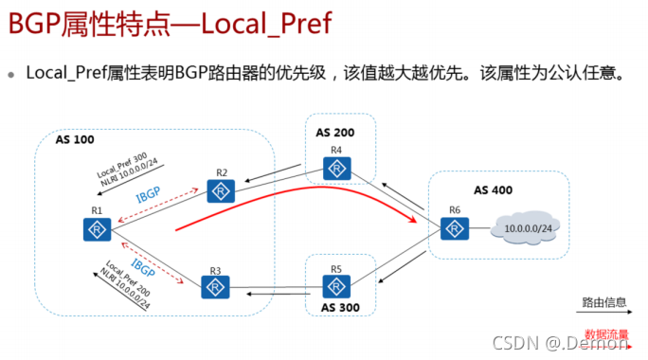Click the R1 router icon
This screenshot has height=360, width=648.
tap(97, 228)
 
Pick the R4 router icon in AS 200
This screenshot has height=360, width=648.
tap(335, 169)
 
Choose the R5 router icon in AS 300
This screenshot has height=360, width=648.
tap(336, 285)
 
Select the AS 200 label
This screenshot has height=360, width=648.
tap(334, 130)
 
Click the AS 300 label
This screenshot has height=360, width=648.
tap(338, 308)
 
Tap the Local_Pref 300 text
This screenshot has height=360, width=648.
tap(121, 167)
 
